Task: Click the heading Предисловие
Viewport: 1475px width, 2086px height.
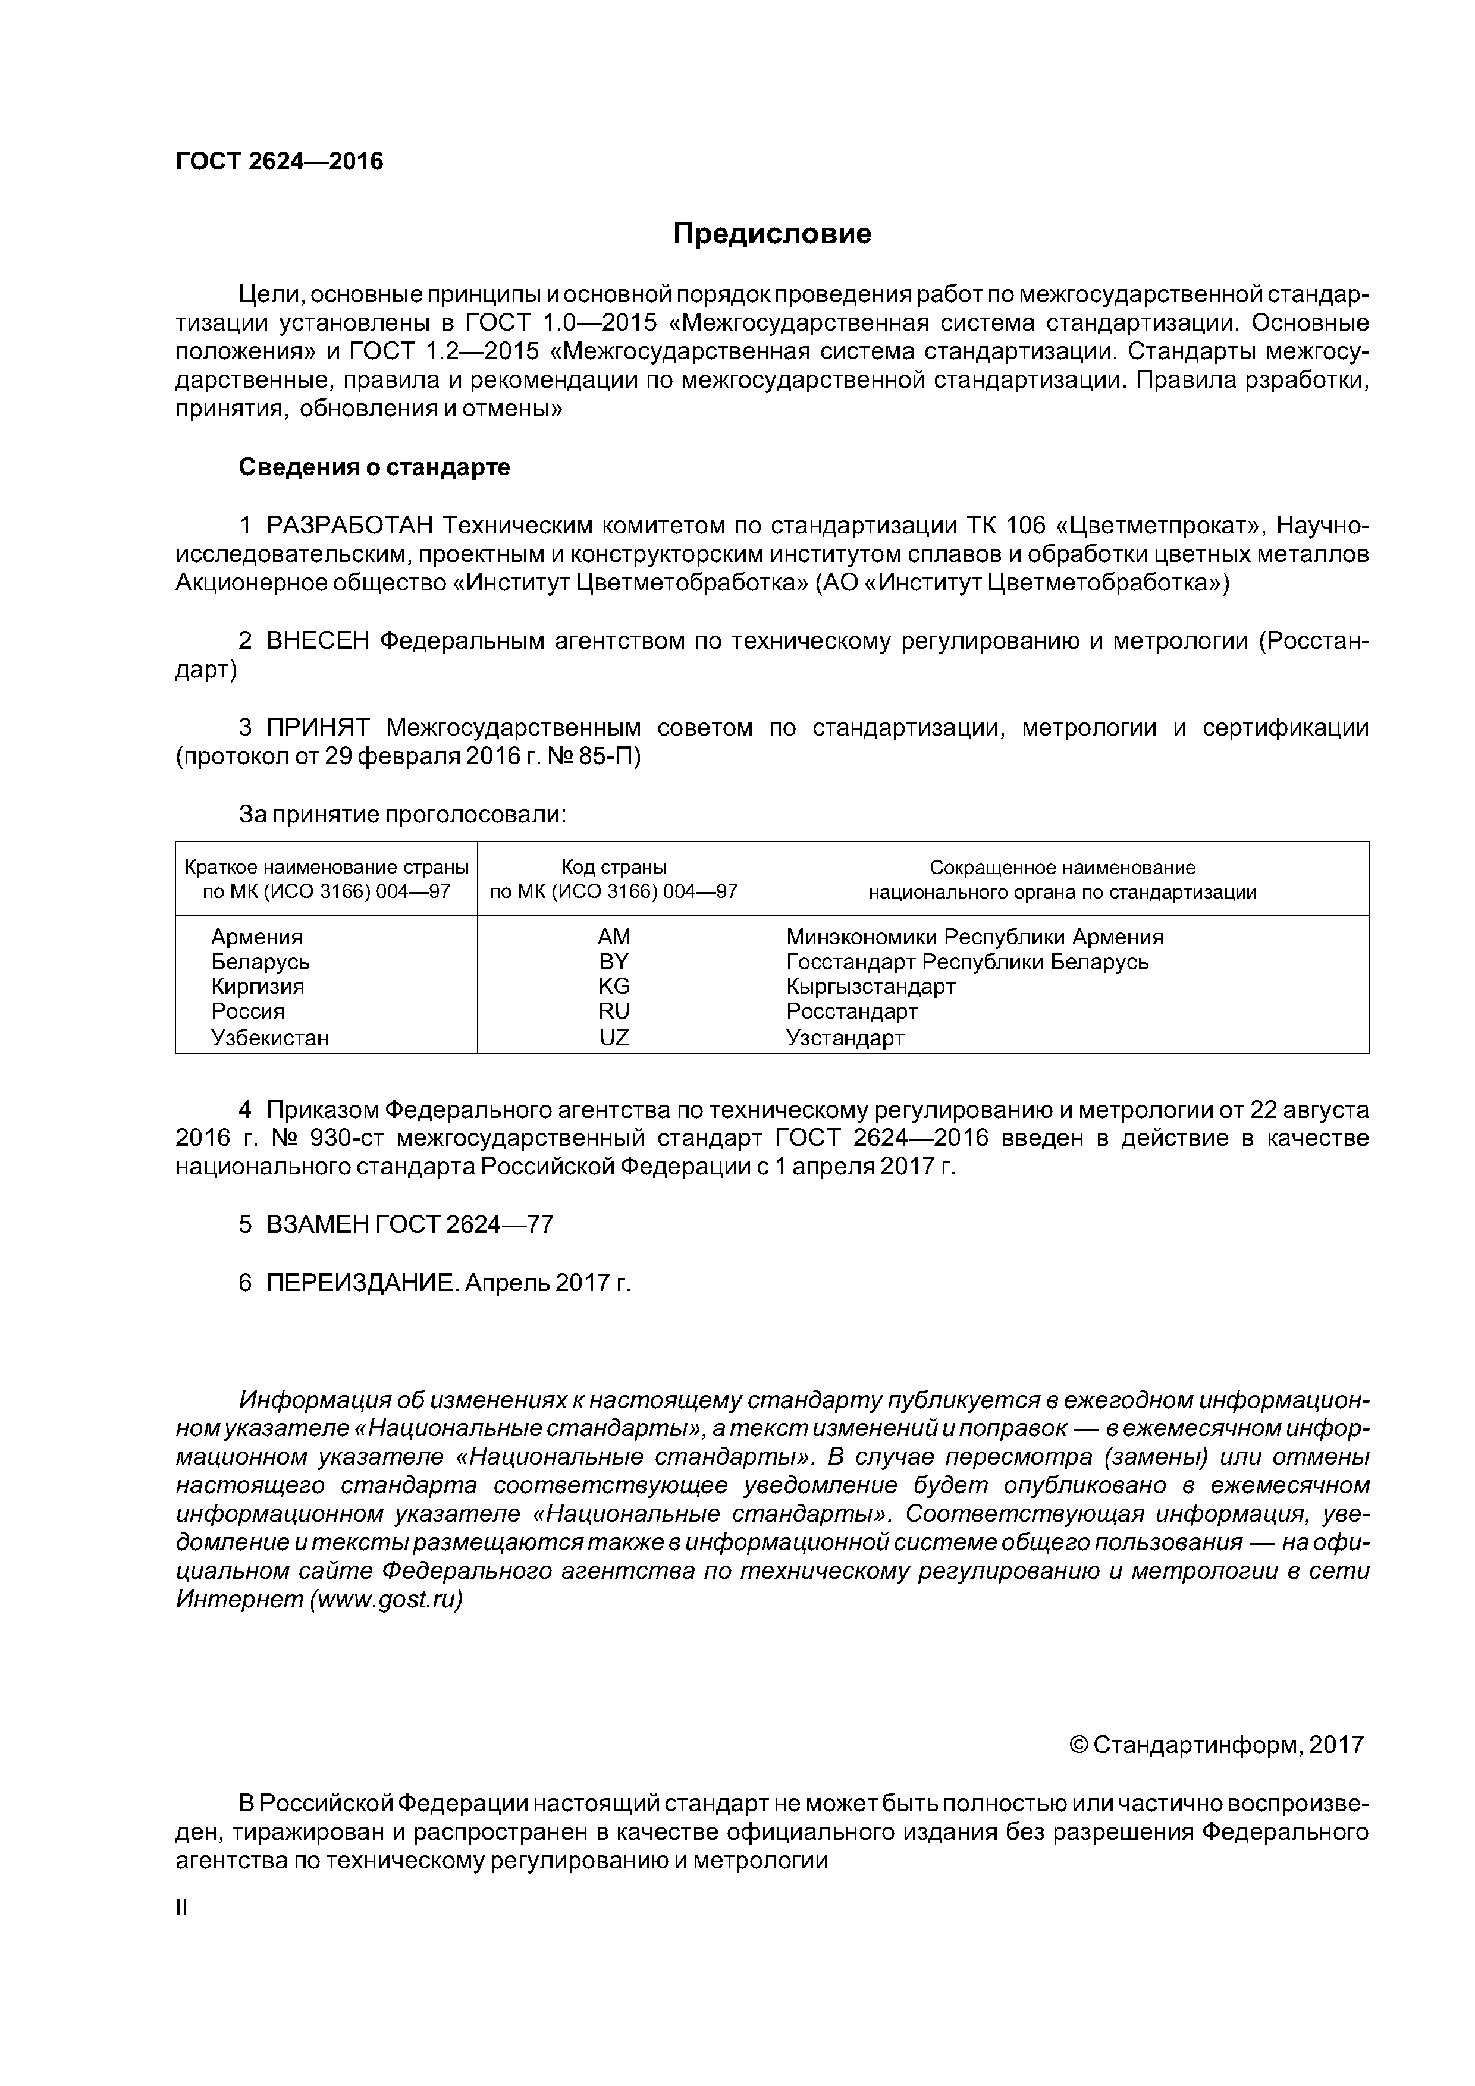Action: click(771, 234)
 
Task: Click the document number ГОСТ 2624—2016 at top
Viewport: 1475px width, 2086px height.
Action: click(279, 162)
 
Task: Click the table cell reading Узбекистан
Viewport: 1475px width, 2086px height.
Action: click(270, 1038)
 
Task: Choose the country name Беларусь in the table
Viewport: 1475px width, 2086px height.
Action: click(260, 961)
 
